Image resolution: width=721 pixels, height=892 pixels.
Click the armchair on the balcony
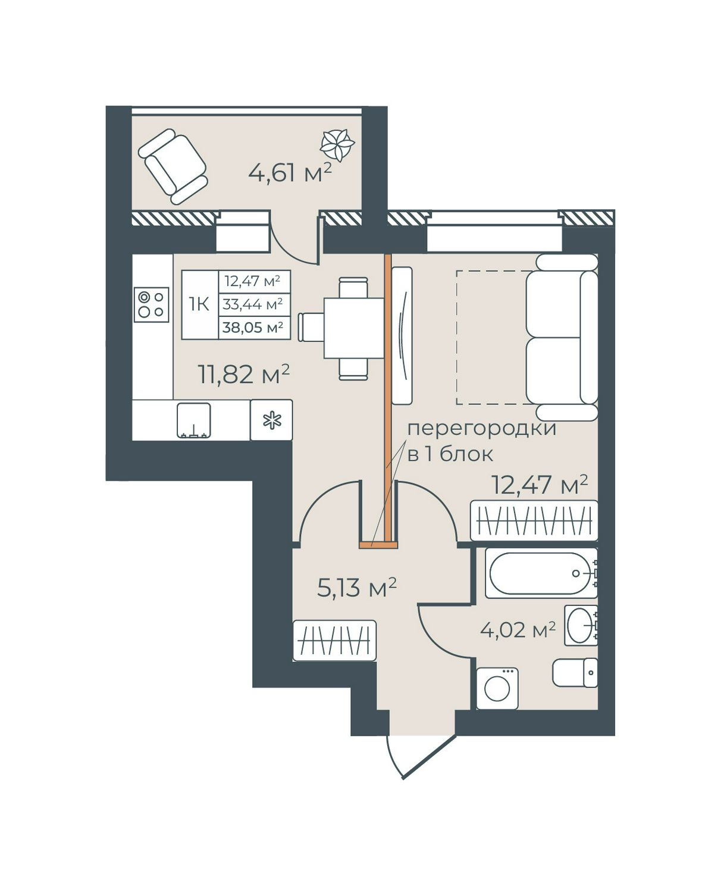point(173,167)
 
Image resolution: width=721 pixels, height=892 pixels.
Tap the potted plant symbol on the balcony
point(337,145)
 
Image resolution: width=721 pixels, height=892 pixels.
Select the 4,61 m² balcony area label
point(290,173)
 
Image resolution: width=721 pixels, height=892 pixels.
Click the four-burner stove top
point(151,304)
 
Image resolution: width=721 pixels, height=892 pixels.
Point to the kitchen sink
point(193,420)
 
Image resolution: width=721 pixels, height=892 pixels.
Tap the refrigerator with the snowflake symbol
point(271,420)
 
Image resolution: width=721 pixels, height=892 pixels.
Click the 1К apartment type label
point(199,304)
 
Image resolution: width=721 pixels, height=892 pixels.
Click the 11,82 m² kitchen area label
point(244,374)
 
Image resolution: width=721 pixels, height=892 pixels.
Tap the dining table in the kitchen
point(354,328)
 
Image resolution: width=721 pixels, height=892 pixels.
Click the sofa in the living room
point(562,337)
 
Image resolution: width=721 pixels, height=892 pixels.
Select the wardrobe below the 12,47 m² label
point(534,520)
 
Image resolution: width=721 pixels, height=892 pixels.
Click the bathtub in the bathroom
point(541,573)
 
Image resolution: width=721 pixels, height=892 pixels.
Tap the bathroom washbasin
point(581,625)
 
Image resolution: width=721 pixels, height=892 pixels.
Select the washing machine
point(497,688)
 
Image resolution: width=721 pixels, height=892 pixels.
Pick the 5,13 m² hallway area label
point(357,588)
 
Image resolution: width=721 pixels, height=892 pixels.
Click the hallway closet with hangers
point(334,640)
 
